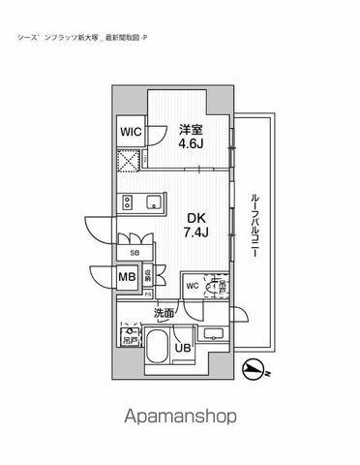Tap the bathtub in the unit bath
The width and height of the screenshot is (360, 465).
[x=156, y=349]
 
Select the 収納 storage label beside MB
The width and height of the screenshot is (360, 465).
[x=148, y=276]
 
